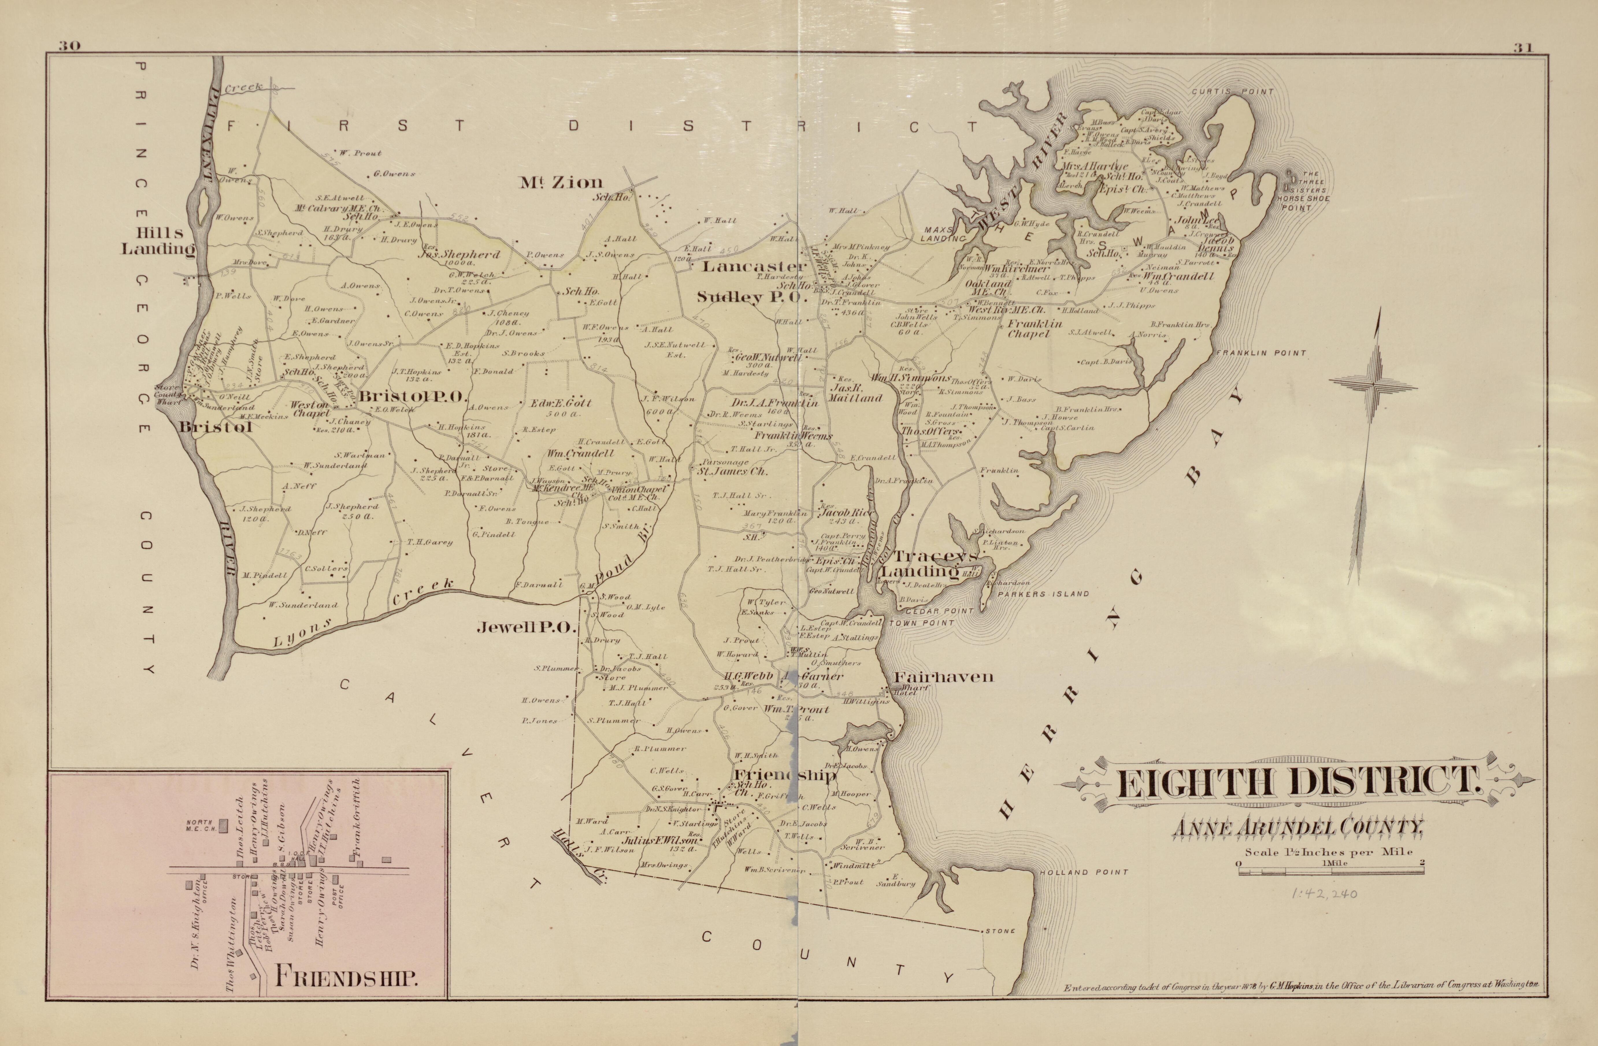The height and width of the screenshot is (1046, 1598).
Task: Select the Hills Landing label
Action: tap(157, 241)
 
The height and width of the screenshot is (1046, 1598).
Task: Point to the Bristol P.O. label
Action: tap(412, 398)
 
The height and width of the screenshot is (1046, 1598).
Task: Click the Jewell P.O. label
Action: tap(528, 628)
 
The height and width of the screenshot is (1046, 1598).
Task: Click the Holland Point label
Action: tap(1084, 873)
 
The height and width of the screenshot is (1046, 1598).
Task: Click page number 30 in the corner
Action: tap(69, 46)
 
